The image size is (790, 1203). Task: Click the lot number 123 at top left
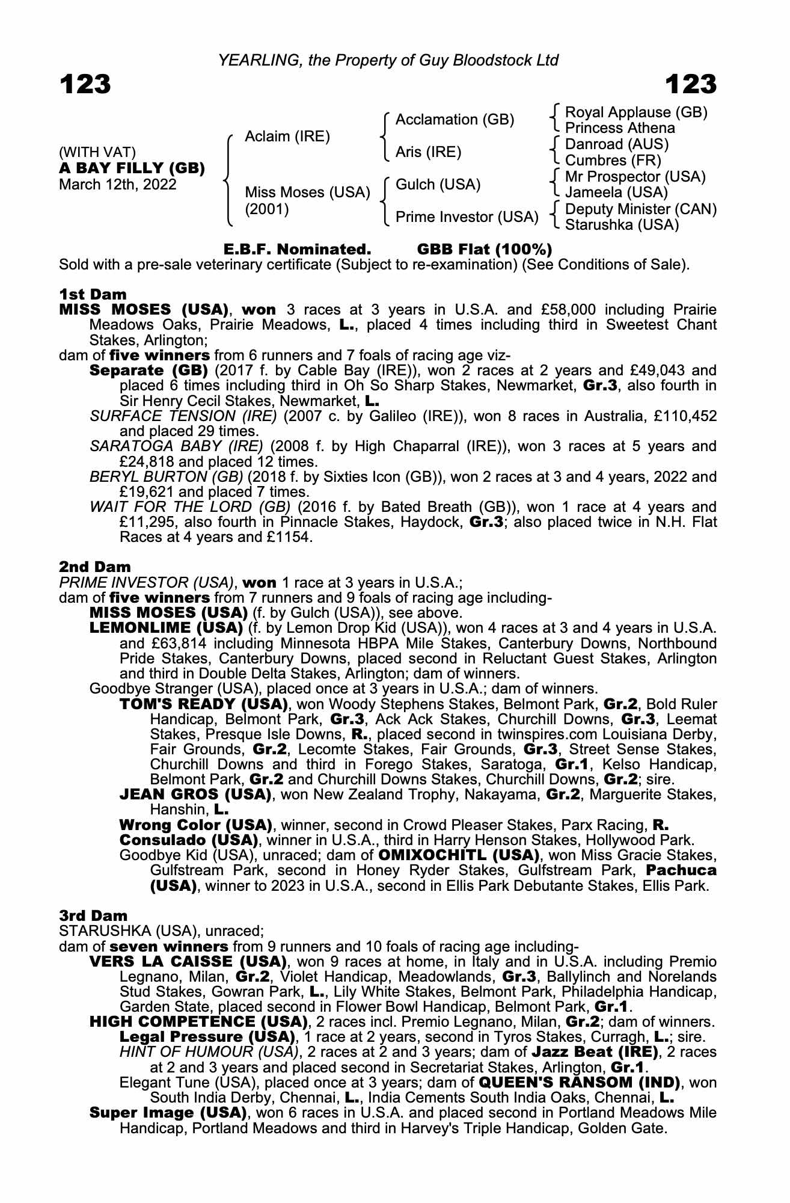tap(85, 84)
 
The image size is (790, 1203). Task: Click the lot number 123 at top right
tap(691, 84)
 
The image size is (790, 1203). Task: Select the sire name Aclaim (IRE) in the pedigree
tap(287, 137)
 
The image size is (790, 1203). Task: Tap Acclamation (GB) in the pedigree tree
tap(455, 120)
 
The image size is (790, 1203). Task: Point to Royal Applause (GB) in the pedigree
tap(636, 112)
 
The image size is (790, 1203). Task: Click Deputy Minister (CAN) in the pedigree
tap(641, 209)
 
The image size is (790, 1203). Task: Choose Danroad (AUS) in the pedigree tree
tap(617, 144)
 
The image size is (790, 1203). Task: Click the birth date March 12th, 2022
tap(118, 184)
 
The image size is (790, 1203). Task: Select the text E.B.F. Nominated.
tap(297, 249)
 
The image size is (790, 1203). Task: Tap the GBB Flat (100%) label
tap(484, 249)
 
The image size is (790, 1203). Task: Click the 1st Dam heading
tap(93, 294)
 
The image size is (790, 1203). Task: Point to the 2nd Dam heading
tap(94, 567)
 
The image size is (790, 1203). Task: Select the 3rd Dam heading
tap(93, 915)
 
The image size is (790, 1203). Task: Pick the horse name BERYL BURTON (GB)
tap(167, 477)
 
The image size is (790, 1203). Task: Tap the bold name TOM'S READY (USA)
tap(204, 704)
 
